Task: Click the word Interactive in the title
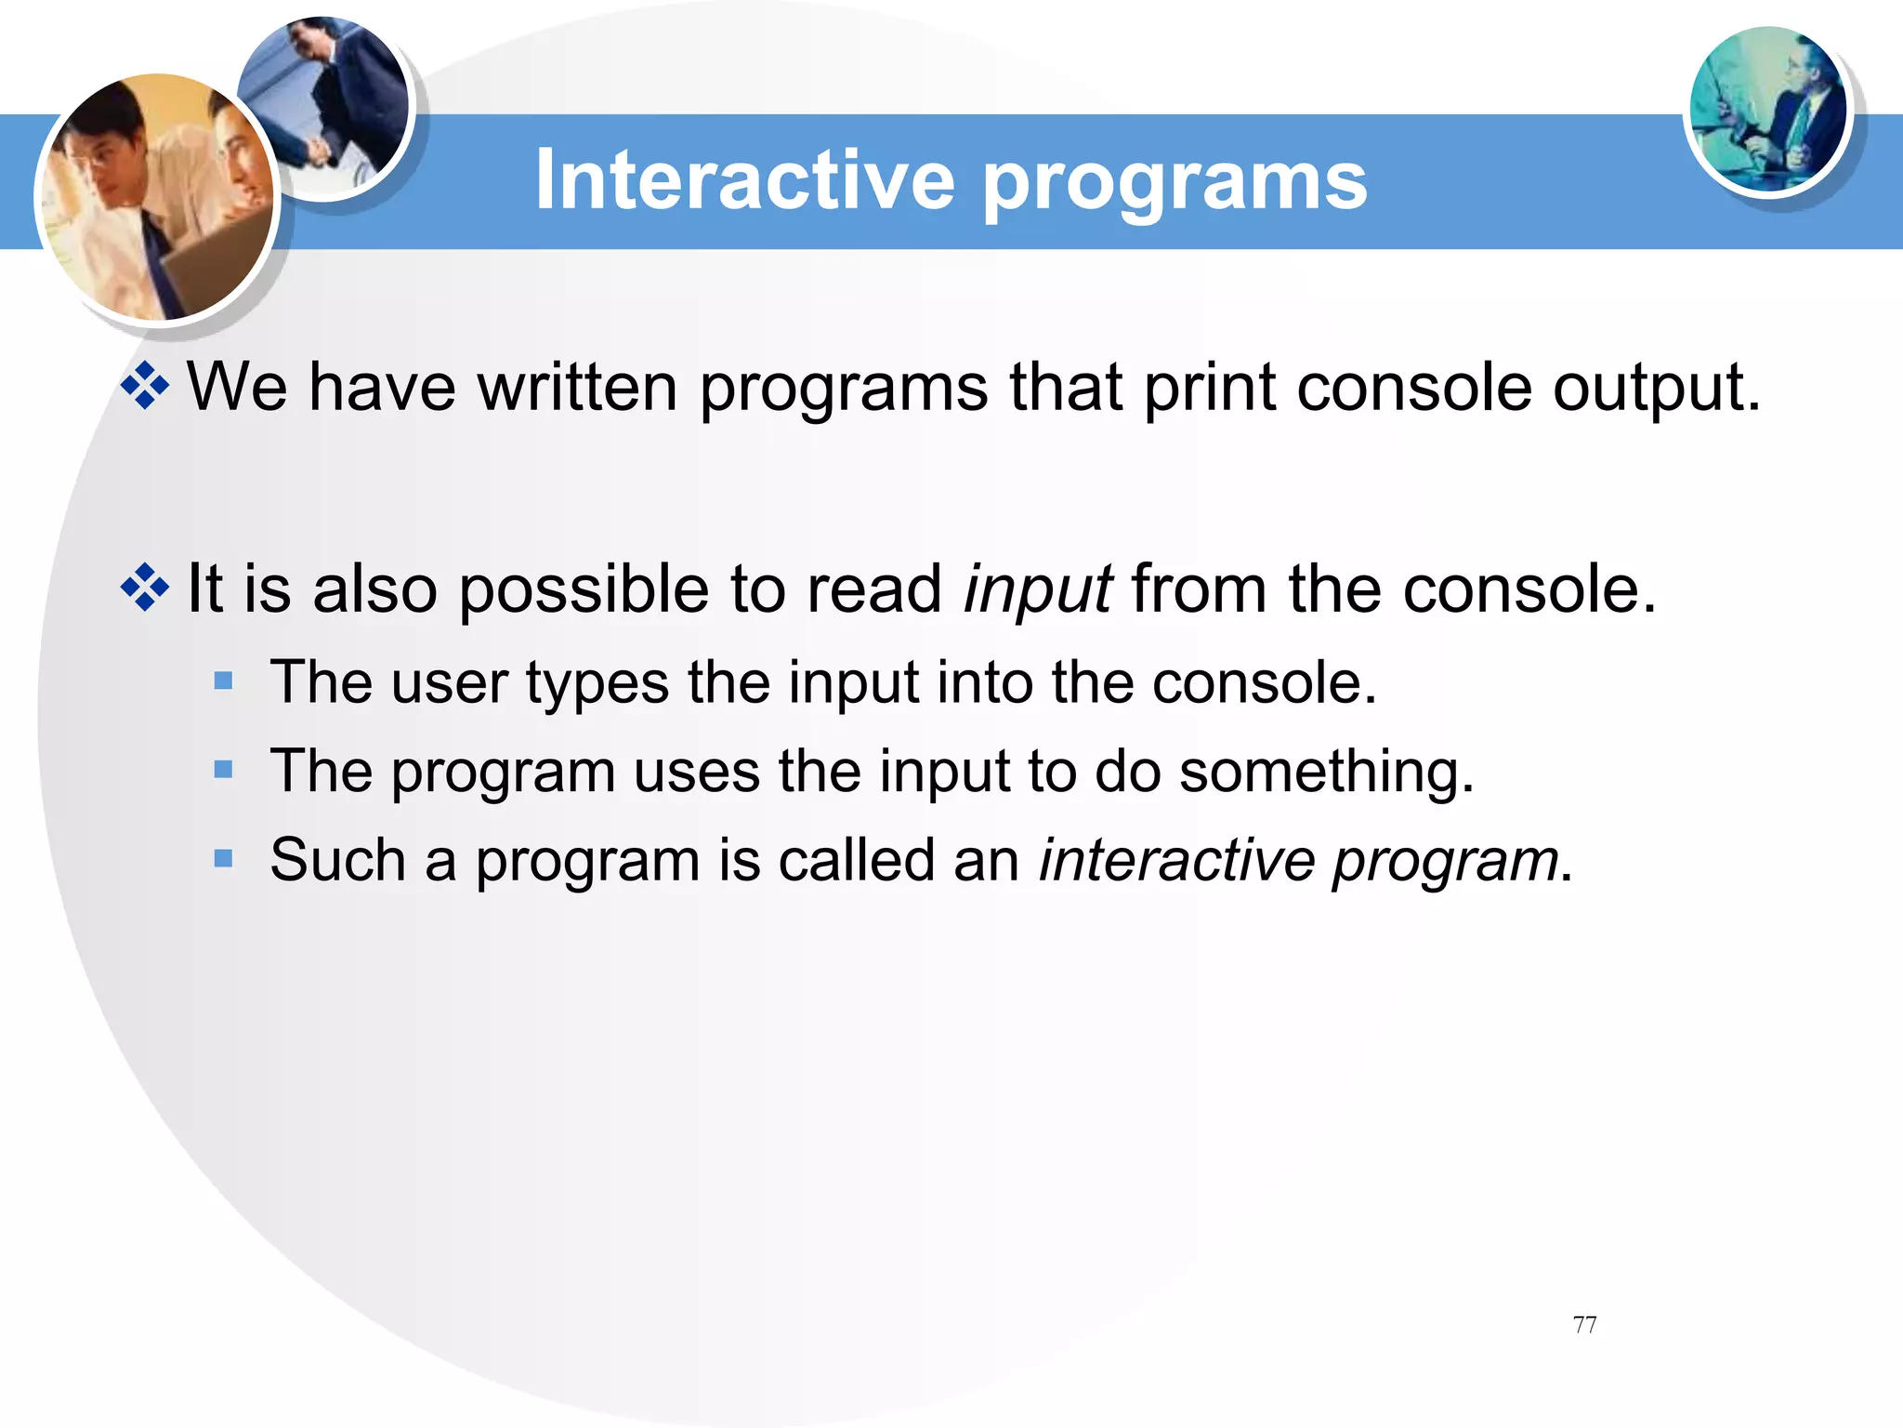744,179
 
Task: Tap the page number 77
1584,1324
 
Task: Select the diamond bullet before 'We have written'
146,386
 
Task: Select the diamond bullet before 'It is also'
146,588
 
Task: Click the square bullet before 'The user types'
223,681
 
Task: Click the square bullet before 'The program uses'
223,770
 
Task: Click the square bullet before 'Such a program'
223,858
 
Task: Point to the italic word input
1037,592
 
